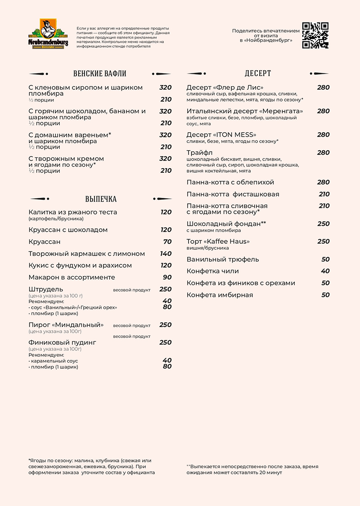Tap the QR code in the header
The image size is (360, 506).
tap(315, 35)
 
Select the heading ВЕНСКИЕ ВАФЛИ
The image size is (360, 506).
tap(99, 74)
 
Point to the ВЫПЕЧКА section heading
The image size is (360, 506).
tap(101, 199)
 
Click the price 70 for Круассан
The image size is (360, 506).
tap(167, 242)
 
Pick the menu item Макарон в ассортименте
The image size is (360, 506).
tap(72, 277)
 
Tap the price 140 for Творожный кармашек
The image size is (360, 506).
tap(166, 254)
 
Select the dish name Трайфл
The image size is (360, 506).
tap(197, 152)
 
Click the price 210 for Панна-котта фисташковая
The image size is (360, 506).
tap(324, 194)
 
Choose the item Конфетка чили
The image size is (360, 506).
tap(212, 271)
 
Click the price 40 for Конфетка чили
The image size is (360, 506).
tap(325, 271)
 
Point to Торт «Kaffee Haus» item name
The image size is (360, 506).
tap(218, 241)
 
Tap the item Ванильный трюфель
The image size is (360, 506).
tap(223, 259)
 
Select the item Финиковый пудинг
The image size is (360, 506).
tap(62, 342)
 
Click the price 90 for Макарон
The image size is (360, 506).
tap(167, 277)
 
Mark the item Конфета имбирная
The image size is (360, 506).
tap(220, 295)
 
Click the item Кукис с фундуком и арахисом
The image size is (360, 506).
tap(80, 265)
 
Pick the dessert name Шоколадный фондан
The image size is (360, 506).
tap(224, 224)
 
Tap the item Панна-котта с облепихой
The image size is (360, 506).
tap(230, 182)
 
